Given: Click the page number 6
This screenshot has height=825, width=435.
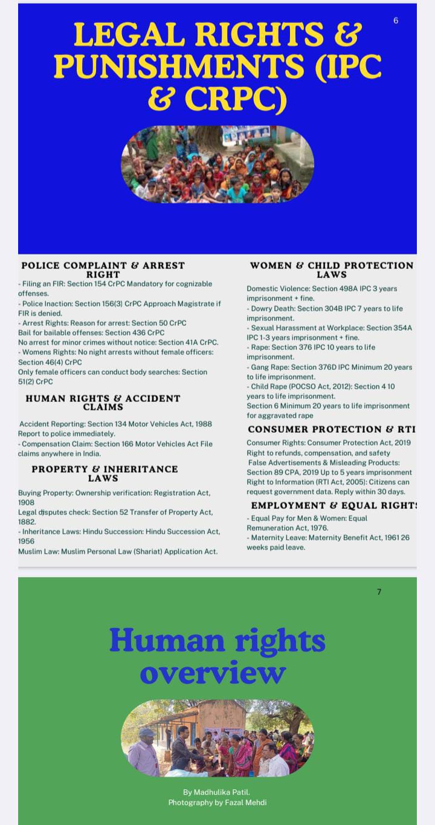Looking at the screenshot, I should (396, 21).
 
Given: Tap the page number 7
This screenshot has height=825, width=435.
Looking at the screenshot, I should (379, 592).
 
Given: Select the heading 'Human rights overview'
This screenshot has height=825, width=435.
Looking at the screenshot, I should (217, 656).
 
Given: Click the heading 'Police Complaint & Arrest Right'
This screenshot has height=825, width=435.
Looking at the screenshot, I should (103, 270).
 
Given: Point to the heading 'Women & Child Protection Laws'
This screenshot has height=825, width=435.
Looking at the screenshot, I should (332, 270).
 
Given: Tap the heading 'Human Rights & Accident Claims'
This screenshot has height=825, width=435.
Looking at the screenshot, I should (103, 403).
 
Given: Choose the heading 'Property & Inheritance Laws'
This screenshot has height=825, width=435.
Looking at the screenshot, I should (105, 473).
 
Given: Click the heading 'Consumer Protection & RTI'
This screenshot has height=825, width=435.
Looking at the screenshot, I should (332, 429).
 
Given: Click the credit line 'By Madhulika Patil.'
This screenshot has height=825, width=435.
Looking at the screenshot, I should (216, 792).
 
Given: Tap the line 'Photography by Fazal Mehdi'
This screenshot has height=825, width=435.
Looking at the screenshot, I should (217, 802).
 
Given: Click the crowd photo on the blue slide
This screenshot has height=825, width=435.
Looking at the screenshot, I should (217, 164).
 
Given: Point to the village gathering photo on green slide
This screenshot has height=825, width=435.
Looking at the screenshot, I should (217, 738).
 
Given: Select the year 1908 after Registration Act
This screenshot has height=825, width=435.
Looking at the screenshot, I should (27, 502).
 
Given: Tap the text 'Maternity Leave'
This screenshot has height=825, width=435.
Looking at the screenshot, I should (278, 537).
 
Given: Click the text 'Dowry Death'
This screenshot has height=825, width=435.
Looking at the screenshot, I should (272, 308).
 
